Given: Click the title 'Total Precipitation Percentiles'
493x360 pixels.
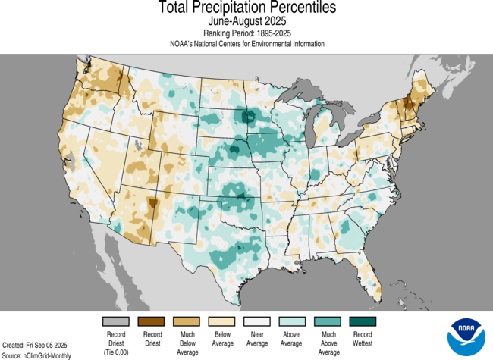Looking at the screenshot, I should tap(246, 8).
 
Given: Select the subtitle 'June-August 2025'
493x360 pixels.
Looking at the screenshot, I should tap(246, 22).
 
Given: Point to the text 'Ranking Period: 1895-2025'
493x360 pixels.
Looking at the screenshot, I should tap(246, 33).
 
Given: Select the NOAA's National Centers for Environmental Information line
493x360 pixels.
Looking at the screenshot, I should tap(246, 44).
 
